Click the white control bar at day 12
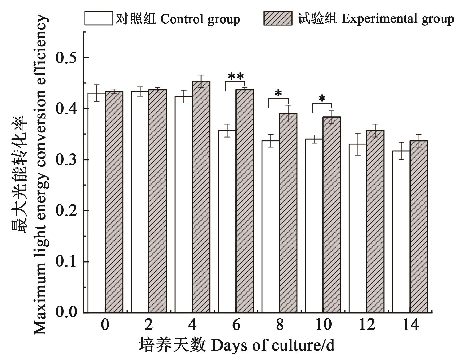tap(358, 228)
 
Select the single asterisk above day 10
tap(322, 99)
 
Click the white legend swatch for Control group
tap(98, 18)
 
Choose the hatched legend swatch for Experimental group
tap(278, 18)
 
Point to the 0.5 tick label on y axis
tap(65, 58)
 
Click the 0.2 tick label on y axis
tap(65, 211)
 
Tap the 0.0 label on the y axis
tap(65, 312)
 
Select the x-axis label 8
tap(279, 325)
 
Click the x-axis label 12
tap(367, 325)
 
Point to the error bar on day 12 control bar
tap(358, 144)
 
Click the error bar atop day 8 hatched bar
tap(288, 114)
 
